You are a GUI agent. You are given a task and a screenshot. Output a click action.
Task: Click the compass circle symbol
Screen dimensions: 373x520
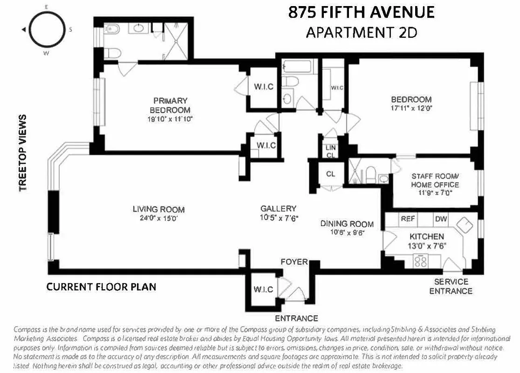(47, 29)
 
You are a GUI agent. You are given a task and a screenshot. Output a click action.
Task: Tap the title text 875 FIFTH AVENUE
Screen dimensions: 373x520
(361, 12)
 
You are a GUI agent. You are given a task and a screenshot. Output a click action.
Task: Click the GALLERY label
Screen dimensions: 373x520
(278, 209)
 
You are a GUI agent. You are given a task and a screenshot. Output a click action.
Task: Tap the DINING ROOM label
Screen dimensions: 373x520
(347, 224)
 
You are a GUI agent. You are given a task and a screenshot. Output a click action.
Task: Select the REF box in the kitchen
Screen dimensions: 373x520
(408, 219)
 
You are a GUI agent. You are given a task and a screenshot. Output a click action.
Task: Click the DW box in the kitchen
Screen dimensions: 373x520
(441, 219)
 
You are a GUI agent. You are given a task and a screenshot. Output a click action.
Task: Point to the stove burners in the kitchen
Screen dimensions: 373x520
(421, 261)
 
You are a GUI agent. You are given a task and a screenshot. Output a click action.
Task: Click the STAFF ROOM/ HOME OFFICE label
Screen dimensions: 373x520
(435, 180)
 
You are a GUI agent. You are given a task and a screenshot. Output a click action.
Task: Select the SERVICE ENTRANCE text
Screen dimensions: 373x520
(451, 286)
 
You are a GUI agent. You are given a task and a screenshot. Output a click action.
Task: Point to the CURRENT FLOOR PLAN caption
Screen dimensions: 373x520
(101, 287)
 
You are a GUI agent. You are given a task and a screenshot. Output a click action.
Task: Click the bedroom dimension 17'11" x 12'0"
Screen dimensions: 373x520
(411, 108)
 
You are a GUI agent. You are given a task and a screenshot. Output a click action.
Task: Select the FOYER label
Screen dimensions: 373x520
(294, 262)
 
